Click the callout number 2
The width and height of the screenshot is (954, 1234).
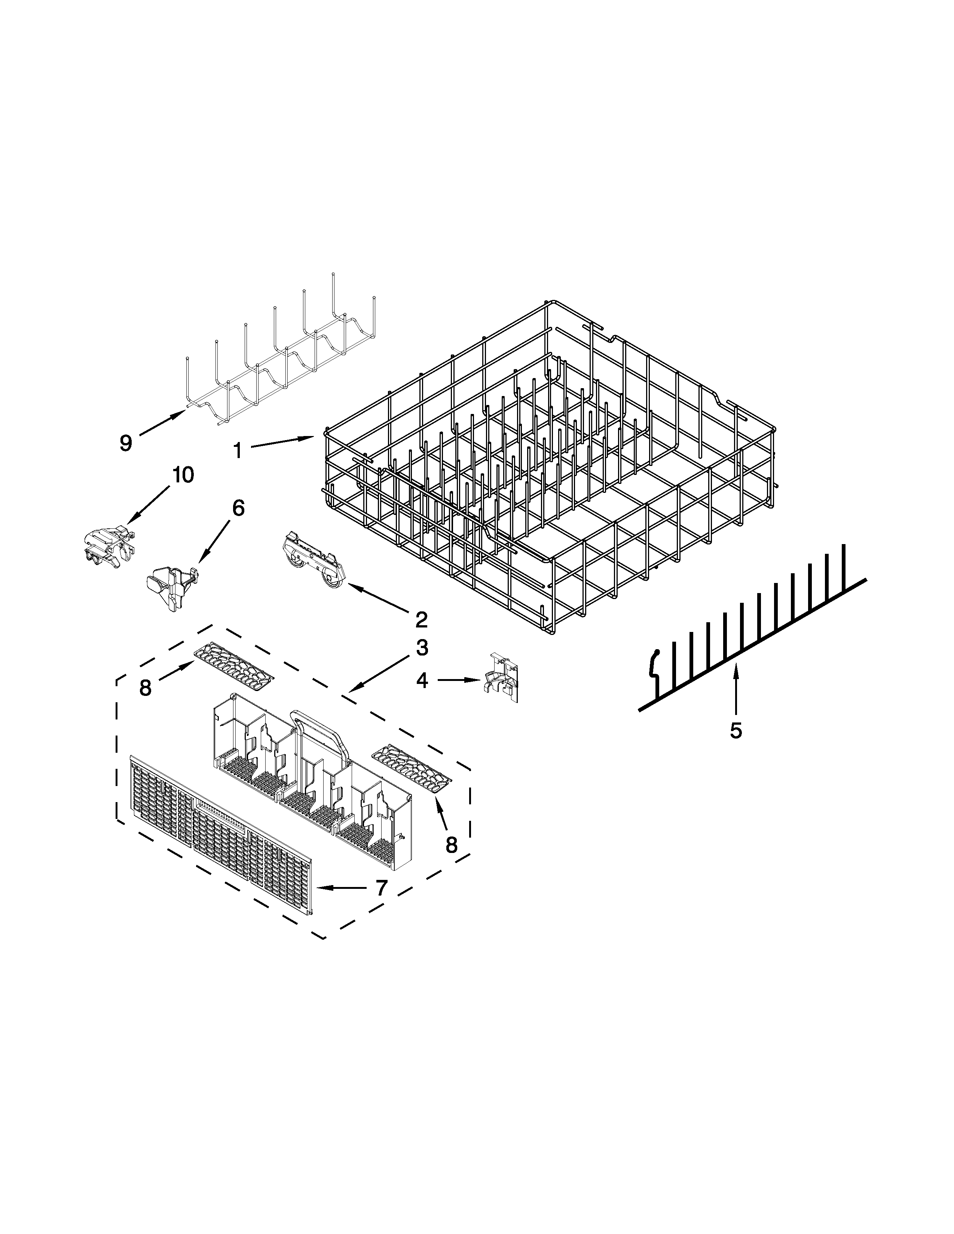pos(421,620)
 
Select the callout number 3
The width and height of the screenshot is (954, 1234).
pos(422,648)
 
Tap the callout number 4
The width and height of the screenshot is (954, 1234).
pos(422,681)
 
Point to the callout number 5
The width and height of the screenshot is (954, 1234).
pos(735,731)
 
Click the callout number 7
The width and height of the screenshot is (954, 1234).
pos(382,888)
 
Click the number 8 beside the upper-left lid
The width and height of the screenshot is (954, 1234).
pos(145,688)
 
